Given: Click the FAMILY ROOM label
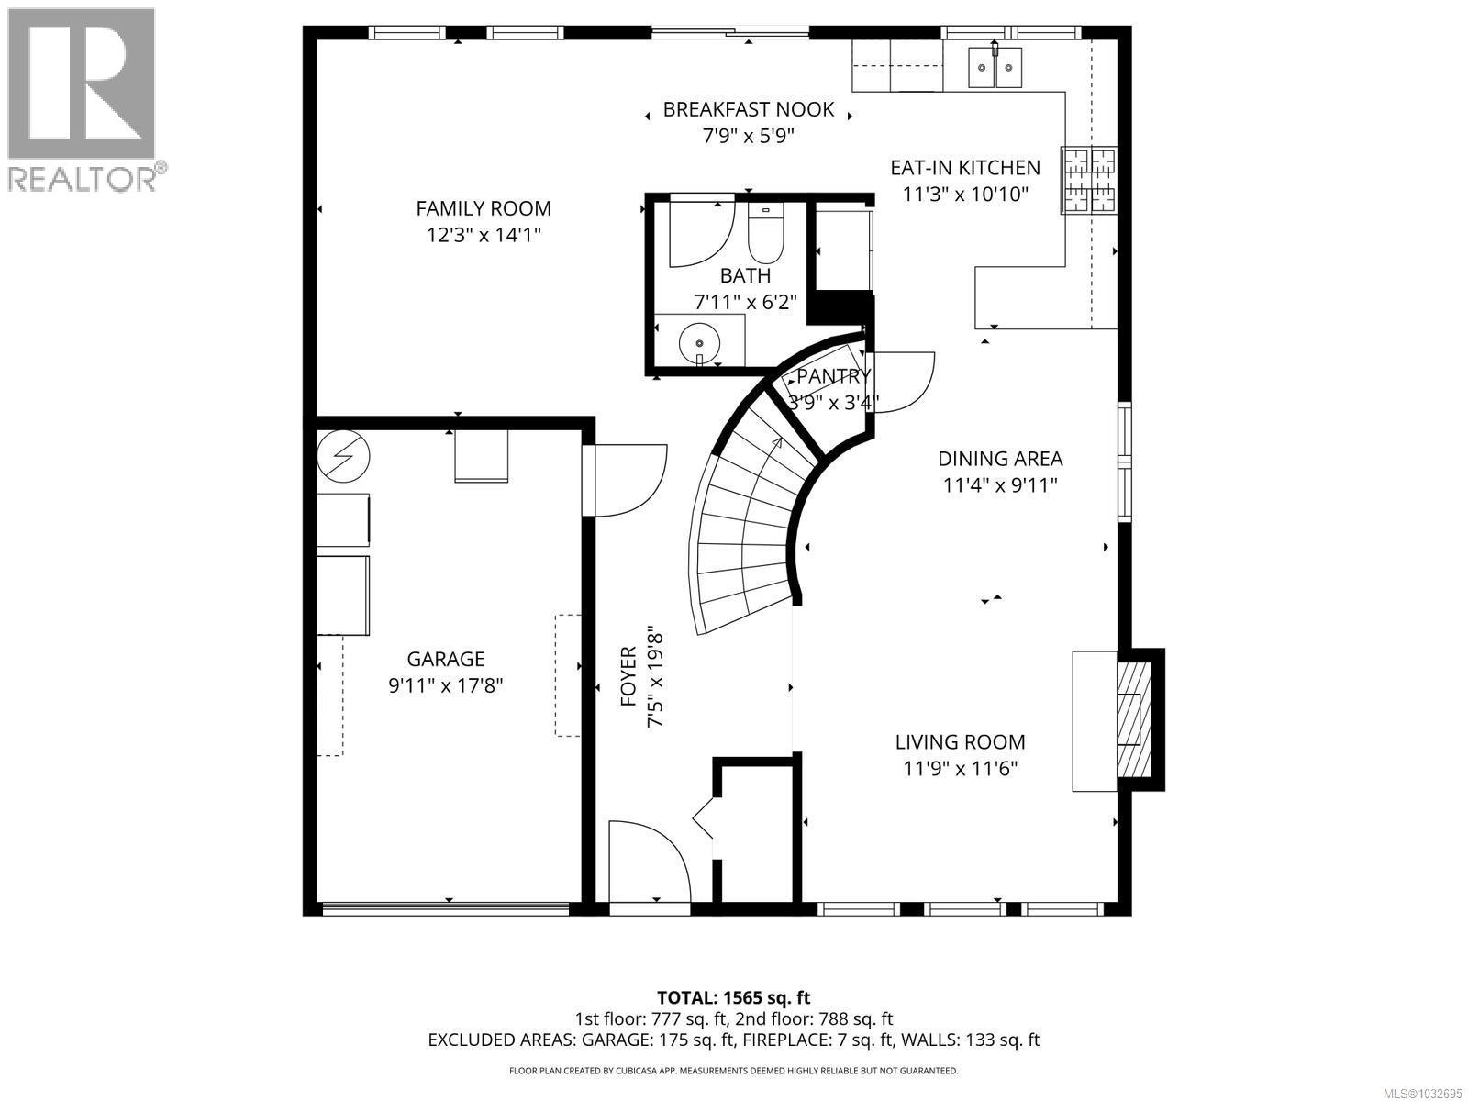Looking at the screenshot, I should [x=484, y=208].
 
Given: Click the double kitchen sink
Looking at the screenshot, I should [x=995, y=67].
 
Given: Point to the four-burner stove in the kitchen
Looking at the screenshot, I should [x=1090, y=180].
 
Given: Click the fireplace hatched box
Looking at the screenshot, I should [x=1129, y=719].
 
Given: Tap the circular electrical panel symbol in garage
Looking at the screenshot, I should [x=344, y=454].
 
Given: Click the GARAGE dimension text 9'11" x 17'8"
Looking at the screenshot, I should [x=445, y=684].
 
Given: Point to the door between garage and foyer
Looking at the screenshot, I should [x=629, y=480].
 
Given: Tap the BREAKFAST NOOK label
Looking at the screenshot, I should [x=748, y=110].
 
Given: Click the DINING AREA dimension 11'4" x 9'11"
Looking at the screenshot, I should [x=1000, y=484].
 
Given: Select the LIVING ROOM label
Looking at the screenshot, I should [x=960, y=741].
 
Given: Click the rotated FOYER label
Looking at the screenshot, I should [x=628, y=677].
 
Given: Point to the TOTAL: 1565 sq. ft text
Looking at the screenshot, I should [x=733, y=997].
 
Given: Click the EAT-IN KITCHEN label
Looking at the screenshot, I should [x=965, y=168].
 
